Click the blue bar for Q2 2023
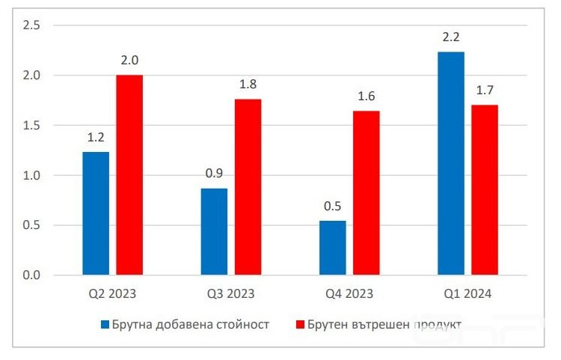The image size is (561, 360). click(x=96, y=213)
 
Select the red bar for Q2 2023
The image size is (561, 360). click(x=129, y=175)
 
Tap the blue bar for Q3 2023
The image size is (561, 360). click(x=214, y=231)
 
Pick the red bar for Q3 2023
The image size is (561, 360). click(x=248, y=187)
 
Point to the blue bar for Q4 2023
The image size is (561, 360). click(x=332, y=248)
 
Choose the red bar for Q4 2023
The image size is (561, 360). click(x=366, y=193)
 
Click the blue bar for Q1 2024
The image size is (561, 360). click(x=451, y=163)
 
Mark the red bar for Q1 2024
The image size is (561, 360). click(x=485, y=190)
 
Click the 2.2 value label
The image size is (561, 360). click(x=451, y=37)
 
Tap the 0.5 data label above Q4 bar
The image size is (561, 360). click(x=332, y=206)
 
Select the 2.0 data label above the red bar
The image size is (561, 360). click(x=129, y=61)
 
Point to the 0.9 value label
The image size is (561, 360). click(x=214, y=174)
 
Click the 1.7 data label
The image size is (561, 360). click(x=485, y=91)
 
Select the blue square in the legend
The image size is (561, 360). click(x=105, y=325)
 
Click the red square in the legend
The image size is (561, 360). click(x=301, y=325)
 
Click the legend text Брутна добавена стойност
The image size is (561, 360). click(x=190, y=325)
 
